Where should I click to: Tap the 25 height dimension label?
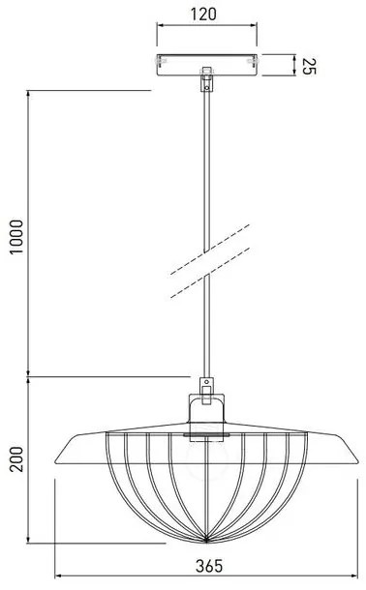point(309,66)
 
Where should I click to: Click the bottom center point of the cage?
point(204,538)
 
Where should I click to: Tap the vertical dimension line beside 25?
point(293,66)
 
